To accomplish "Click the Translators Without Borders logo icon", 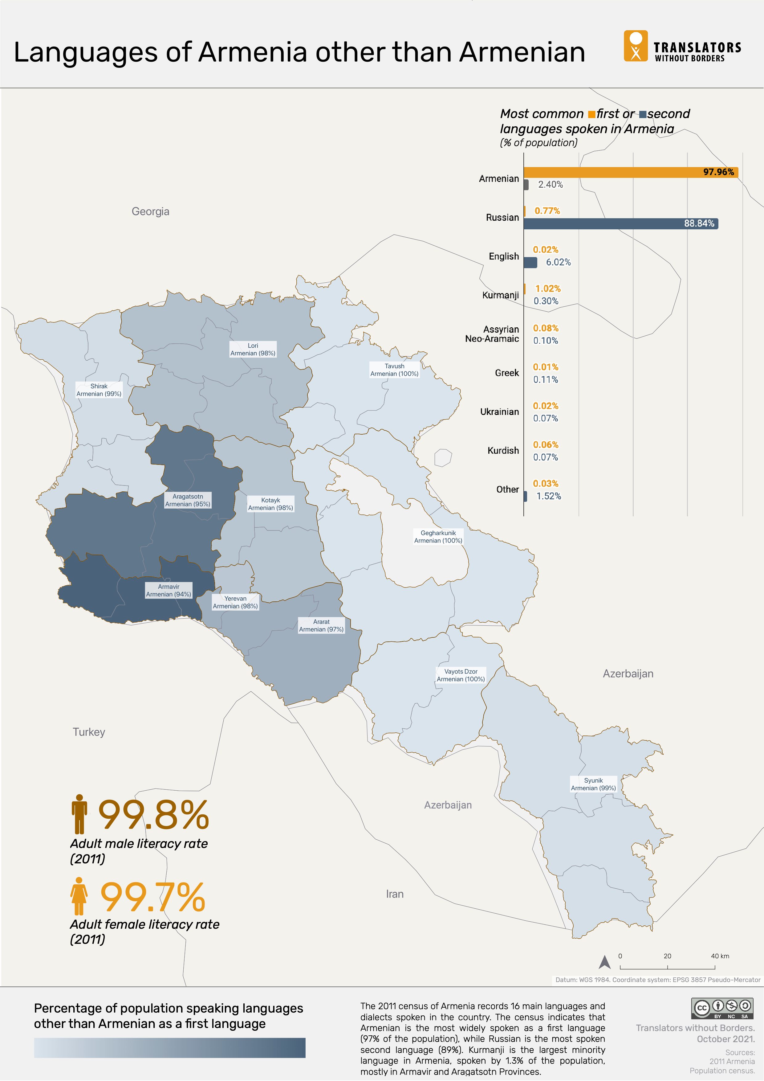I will (636, 46).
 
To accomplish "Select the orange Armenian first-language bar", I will (630, 172).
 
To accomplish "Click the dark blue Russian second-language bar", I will (620, 224).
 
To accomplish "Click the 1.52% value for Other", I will (549, 496).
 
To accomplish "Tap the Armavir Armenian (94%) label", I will (169, 590).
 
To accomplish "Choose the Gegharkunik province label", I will (438, 537).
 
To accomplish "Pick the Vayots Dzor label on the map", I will (461, 675).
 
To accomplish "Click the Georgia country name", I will (150, 211).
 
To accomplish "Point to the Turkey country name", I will (89, 732).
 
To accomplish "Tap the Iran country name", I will (394, 894).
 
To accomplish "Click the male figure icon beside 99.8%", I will (79, 814).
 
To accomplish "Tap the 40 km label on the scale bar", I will (719, 956).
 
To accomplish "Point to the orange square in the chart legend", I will (591, 114).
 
